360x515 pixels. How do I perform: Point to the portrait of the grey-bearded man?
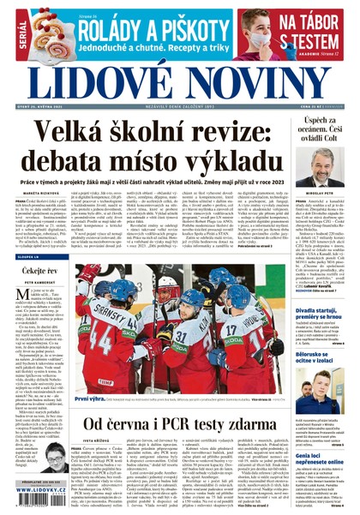(x=322, y=166)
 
